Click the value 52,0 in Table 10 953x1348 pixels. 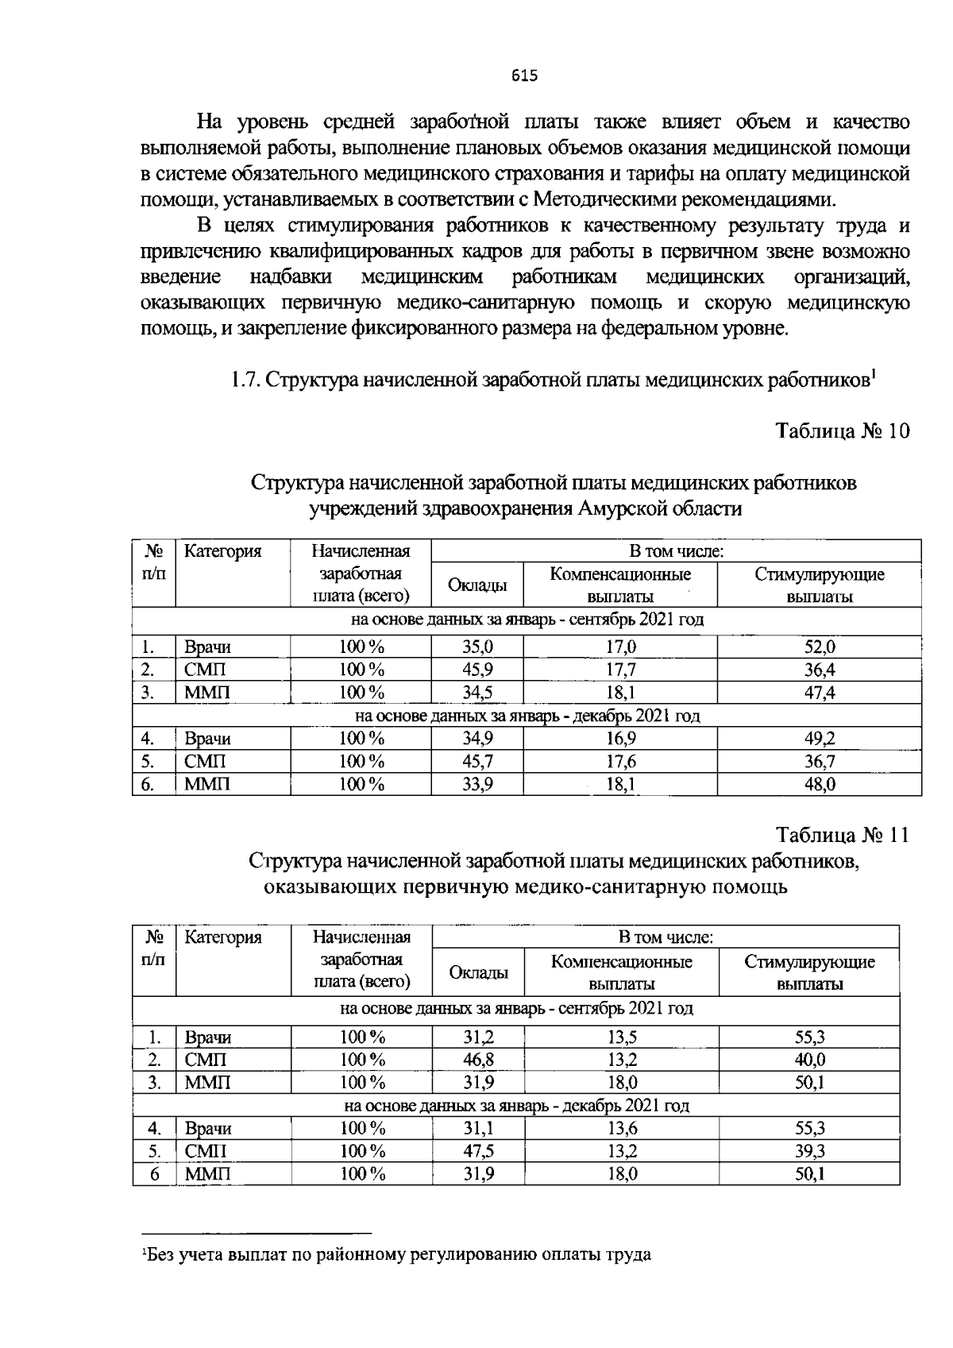(820, 647)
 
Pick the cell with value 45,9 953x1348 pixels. (477, 670)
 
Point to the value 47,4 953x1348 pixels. (820, 693)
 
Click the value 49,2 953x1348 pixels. (820, 739)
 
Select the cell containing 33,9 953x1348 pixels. (477, 785)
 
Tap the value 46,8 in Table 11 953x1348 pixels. (478, 1060)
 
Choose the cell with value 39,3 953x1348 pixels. (810, 1151)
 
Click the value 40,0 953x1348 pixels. (810, 1060)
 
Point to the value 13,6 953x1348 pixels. (622, 1128)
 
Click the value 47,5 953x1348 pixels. (478, 1151)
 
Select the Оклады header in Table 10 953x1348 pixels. (477, 585)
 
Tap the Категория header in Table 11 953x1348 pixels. (222, 937)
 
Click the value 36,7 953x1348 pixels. (820, 762)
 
